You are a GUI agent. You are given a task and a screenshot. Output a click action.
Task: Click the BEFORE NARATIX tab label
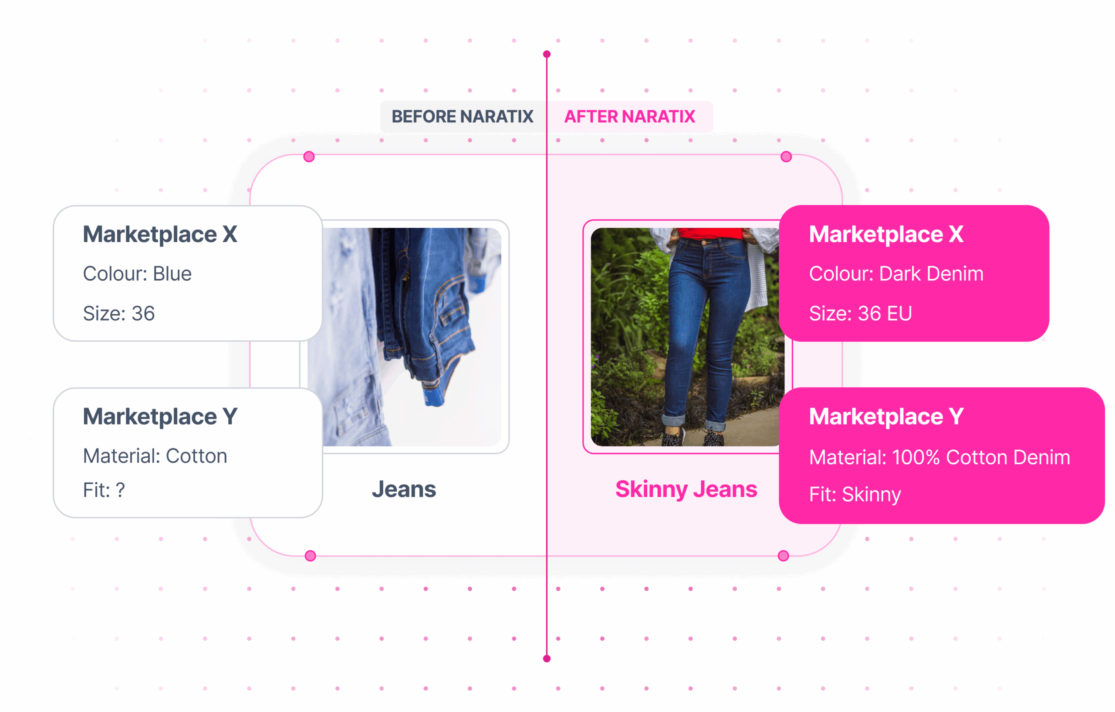pyautogui.click(x=462, y=117)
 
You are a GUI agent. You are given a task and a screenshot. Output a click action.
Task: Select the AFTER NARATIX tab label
pyautogui.click(x=629, y=117)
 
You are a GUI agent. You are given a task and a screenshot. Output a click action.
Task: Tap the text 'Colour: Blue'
pyautogui.click(x=137, y=273)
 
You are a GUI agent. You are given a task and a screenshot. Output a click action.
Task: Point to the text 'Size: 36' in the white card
pyautogui.click(x=118, y=314)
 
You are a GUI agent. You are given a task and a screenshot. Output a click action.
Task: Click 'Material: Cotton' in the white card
pyautogui.click(x=155, y=456)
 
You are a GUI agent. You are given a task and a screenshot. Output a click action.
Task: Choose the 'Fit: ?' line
pyautogui.click(x=104, y=490)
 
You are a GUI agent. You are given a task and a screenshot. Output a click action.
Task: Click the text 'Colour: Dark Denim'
pyautogui.click(x=895, y=273)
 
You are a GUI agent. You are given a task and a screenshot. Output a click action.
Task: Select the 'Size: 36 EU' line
pyautogui.click(x=860, y=314)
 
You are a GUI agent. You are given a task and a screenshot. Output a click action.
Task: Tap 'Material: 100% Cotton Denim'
pyautogui.click(x=939, y=457)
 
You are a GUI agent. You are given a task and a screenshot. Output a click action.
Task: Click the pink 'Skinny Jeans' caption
pyautogui.click(x=686, y=489)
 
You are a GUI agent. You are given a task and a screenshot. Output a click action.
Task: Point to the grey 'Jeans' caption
pyautogui.click(x=404, y=489)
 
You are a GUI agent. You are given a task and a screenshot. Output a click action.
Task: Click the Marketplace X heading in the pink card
pyautogui.click(x=886, y=234)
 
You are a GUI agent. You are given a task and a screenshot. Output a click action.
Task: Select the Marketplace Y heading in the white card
pyautogui.click(x=160, y=417)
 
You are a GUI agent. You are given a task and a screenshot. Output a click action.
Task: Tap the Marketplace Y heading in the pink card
pyautogui.click(x=886, y=417)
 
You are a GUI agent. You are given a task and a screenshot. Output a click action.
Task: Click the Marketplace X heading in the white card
pyautogui.click(x=160, y=234)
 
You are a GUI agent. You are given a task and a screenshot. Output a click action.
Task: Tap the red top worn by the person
pyautogui.click(x=709, y=233)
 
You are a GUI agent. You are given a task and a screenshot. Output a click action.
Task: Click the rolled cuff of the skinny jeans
pyautogui.click(x=673, y=420)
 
